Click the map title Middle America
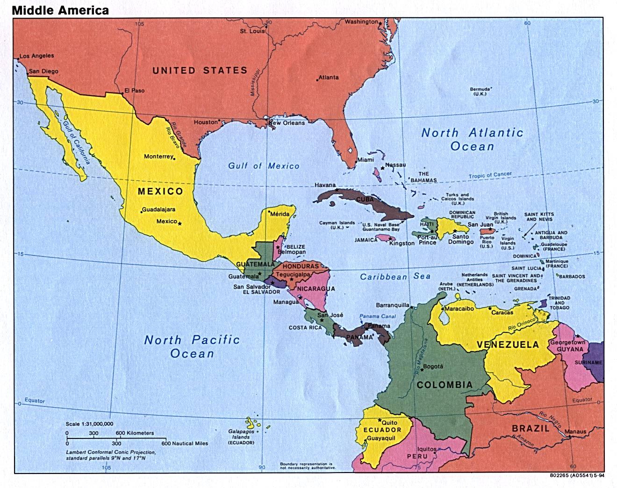(61, 10)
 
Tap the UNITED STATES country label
(200, 71)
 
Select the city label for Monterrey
(158, 156)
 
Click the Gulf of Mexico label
(264, 166)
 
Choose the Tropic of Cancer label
(490, 175)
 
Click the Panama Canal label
(378, 316)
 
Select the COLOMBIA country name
(444, 385)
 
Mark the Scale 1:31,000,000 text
(89, 423)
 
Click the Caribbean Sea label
(395, 277)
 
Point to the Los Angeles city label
(36, 56)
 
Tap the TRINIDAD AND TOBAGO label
(559, 303)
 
